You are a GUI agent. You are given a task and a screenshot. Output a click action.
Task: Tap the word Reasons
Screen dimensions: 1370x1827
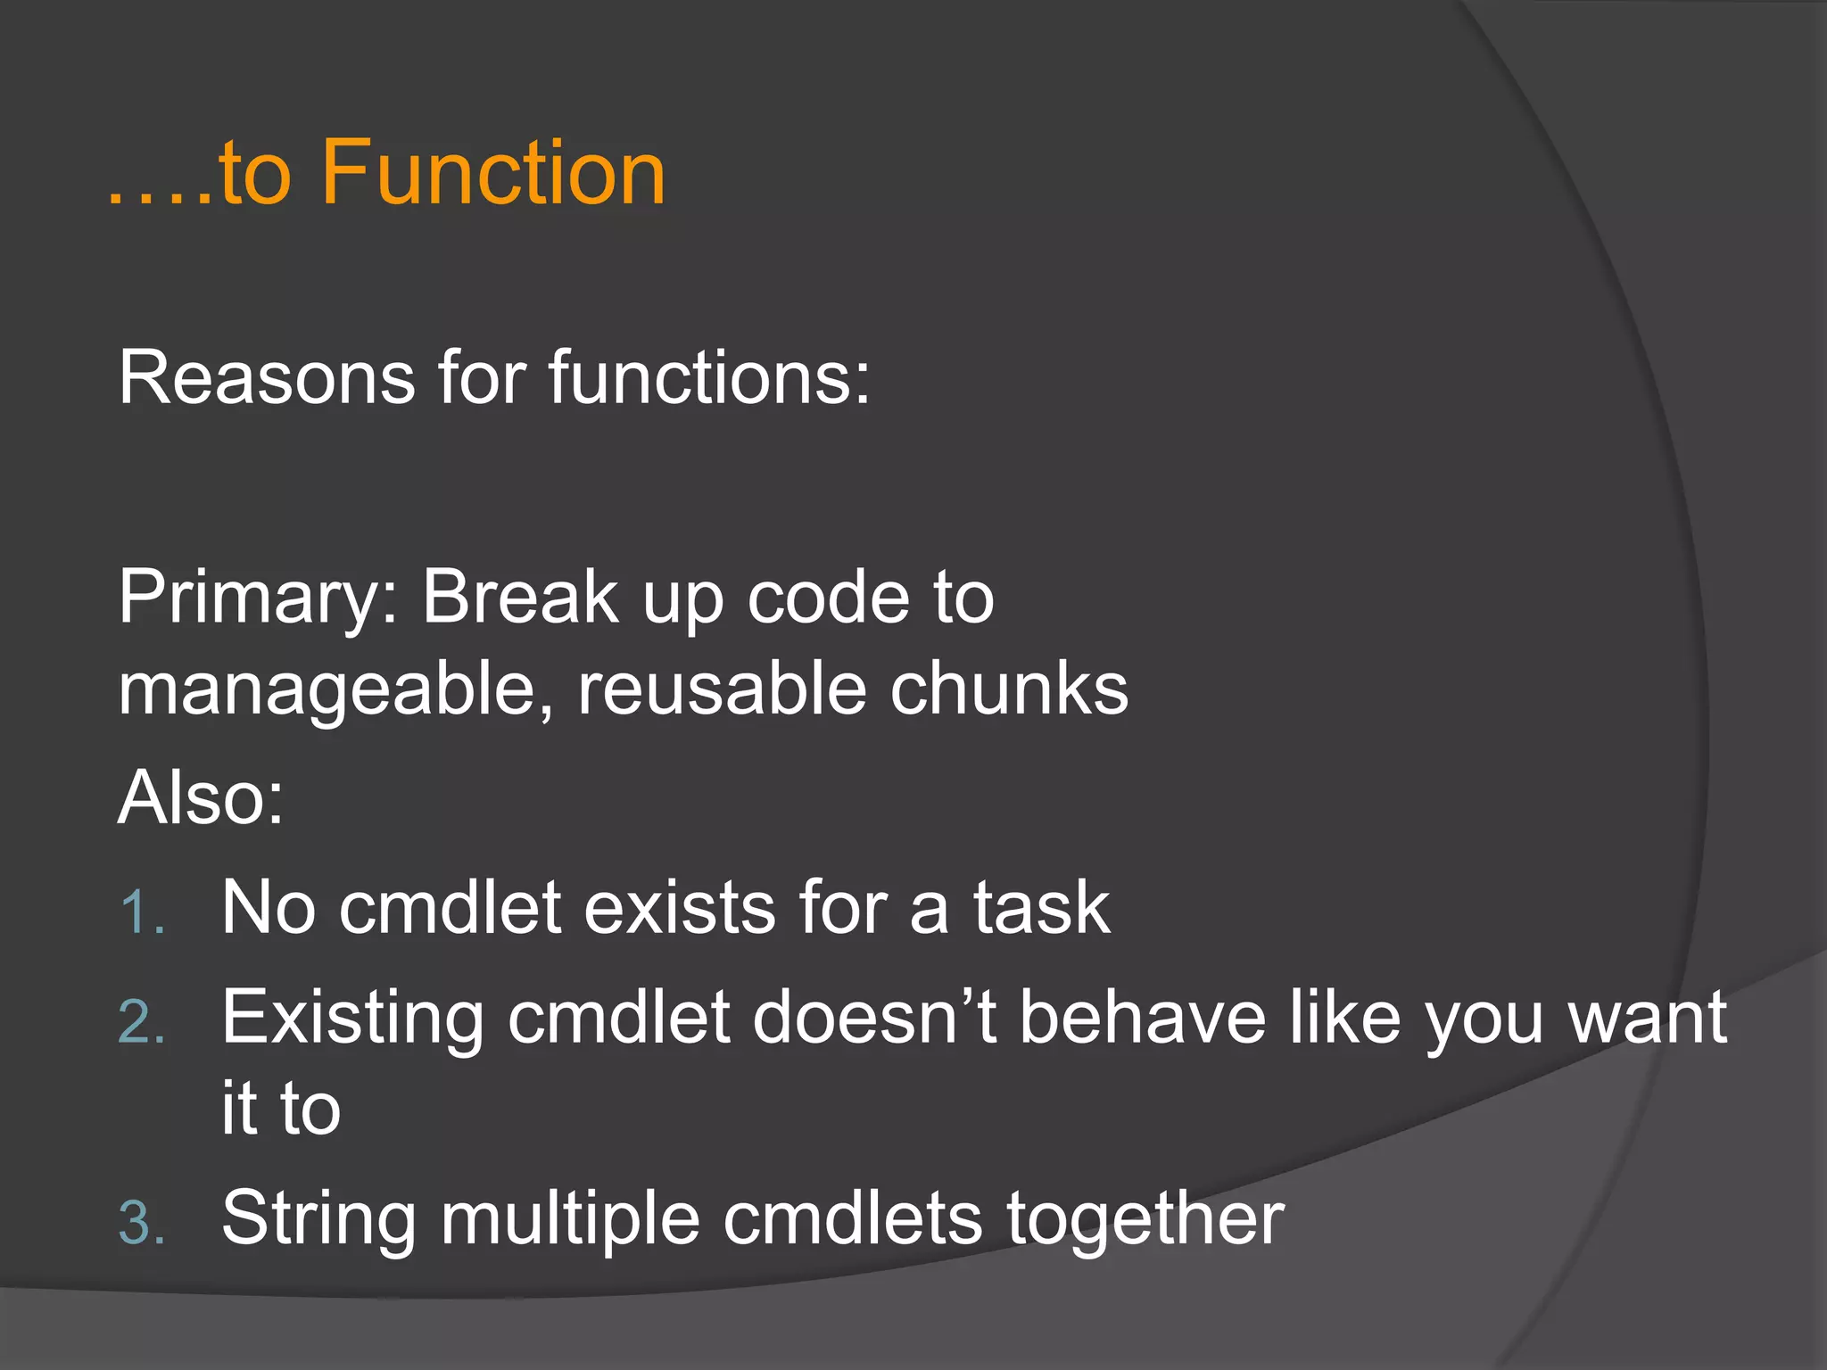pyautogui.click(x=266, y=377)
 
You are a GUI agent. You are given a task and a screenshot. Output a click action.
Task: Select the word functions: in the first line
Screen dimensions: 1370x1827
pyautogui.click(x=708, y=377)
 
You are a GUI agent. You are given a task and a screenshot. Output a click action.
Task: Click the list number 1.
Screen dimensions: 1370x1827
pyautogui.click(x=141, y=913)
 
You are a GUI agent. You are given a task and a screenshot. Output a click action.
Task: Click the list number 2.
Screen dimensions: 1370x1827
pyautogui.click(x=141, y=1023)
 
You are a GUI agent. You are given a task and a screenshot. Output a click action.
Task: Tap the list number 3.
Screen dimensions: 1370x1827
pyautogui.click(x=141, y=1223)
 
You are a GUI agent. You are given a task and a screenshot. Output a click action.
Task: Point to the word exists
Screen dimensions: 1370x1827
pyautogui.click(x=680, y=907)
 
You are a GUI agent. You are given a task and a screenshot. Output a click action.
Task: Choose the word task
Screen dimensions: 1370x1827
pyautogui.click(x=1041, y=907)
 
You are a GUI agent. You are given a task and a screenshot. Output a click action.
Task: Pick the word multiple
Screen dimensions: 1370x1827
pyautogui.click(x=571, y=1219)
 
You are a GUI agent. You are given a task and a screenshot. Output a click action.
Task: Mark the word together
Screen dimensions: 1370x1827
pyautogui.click(x=1145, y=1217)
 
